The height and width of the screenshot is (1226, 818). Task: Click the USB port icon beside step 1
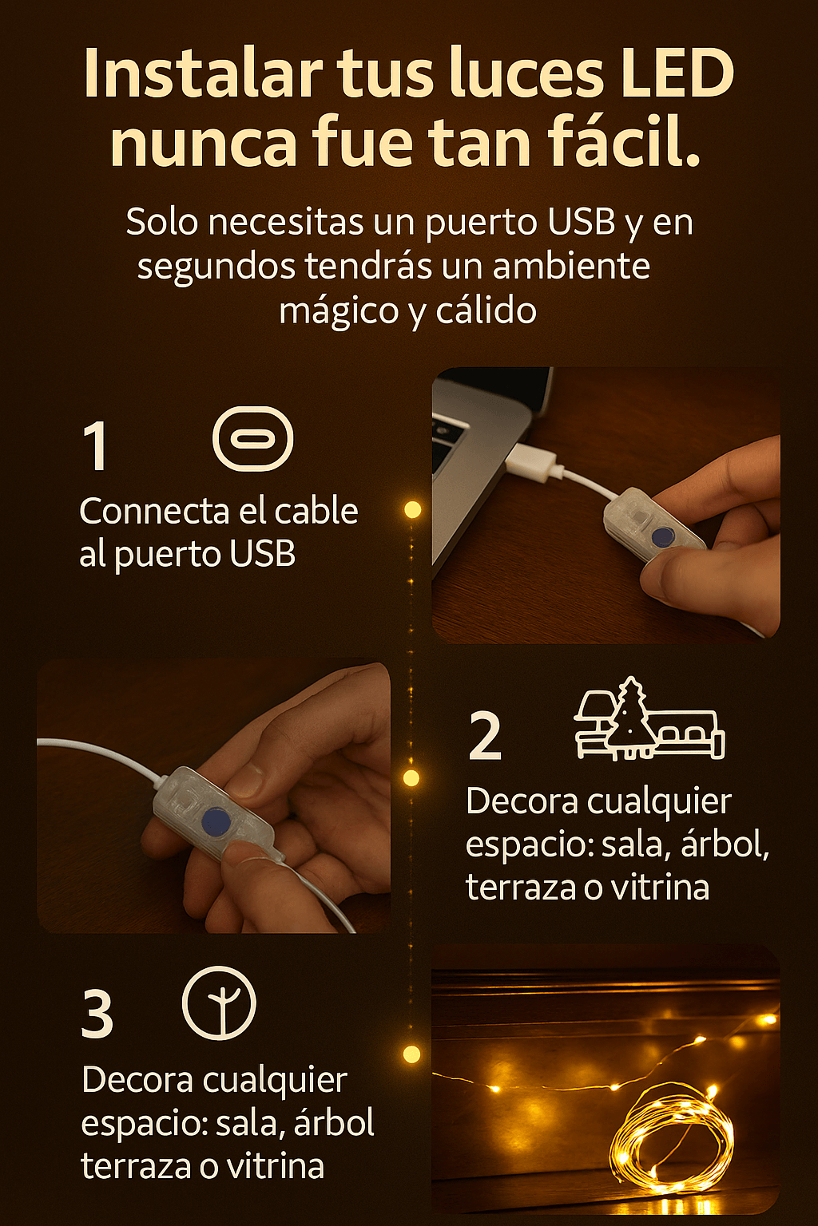253,439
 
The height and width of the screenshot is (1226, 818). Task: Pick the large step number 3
97,1014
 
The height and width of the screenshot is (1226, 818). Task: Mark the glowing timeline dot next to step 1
412,509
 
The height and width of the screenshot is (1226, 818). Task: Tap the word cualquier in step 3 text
275,1081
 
